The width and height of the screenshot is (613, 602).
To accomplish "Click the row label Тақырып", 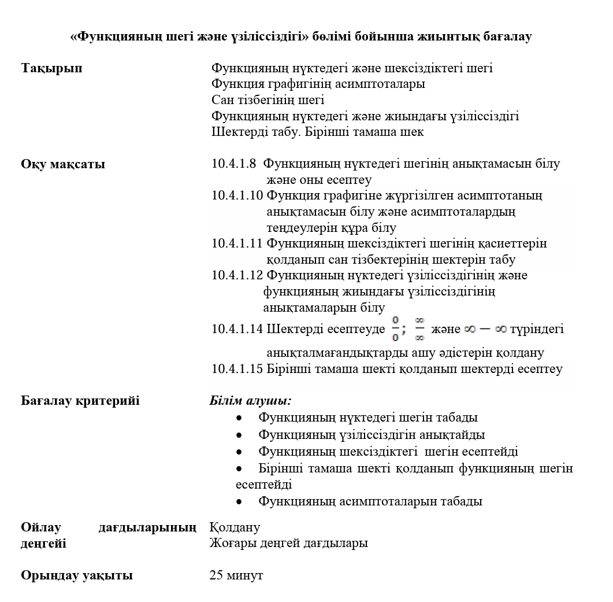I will click(51, 68).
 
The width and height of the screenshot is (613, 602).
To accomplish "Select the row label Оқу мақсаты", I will click(63, 164).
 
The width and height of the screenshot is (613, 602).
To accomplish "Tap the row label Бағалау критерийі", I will click(80, 401).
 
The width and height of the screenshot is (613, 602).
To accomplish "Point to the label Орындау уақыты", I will click(77, 575).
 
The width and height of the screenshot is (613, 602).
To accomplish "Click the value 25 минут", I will click(236, 575).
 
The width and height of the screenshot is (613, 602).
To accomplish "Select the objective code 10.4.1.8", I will click(234, 164).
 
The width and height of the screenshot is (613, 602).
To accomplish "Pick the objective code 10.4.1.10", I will click(237, 195).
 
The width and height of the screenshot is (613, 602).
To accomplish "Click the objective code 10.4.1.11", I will click(237, 243).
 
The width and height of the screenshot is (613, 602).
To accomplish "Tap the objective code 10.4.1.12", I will click(237, 275).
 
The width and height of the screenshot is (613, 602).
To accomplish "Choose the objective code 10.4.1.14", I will click(237, 330).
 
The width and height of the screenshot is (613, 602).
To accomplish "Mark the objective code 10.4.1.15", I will click(237, 369).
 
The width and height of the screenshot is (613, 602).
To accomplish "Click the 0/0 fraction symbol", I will click(395, 329).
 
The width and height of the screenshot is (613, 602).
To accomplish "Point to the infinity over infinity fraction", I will click(419, 329).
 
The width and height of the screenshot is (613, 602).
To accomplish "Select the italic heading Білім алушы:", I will click(250, 401).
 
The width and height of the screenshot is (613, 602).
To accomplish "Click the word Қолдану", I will click(235, 527).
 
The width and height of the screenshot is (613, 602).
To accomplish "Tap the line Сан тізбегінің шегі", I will click(268, 100).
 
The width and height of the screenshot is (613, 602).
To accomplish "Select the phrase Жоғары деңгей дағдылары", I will click(289, 543).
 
